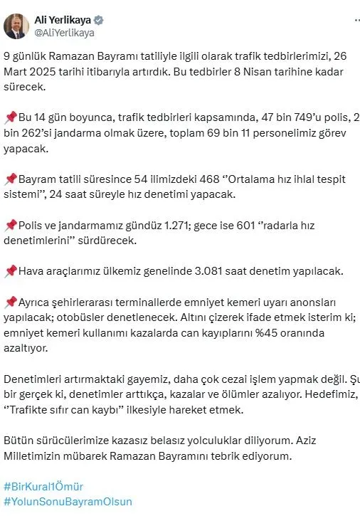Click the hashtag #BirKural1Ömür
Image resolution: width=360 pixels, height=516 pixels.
43,487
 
